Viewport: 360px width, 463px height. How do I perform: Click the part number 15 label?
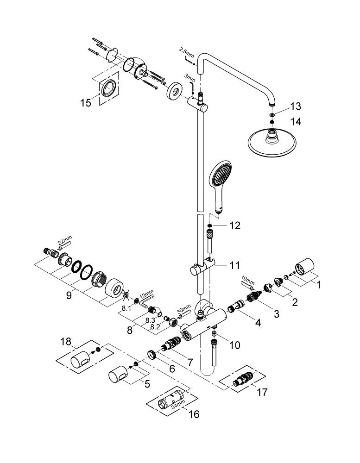(x=86, y=103)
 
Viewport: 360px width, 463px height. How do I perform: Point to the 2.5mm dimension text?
(x=186, y=52)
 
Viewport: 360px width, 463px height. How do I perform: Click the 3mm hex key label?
(x=190, y=78)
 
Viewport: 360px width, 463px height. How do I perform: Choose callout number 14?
(x=296, y=121)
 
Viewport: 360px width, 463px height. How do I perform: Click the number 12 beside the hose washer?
(x=235, y=225)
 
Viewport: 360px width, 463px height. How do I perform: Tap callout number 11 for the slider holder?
(x=235, y=265)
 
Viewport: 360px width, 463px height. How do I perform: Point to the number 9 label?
(x=69, y=295)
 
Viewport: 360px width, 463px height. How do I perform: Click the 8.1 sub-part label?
(x=126, y=308)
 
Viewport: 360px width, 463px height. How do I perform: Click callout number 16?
(x=194, y=414)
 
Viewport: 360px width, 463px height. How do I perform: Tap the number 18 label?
(x=66, y=342)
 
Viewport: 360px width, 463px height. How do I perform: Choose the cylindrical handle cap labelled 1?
(x=305, y=267)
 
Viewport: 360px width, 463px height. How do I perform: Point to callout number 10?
(x=235, y=344)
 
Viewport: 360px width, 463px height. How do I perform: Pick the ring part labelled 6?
(x=152, y=355)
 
